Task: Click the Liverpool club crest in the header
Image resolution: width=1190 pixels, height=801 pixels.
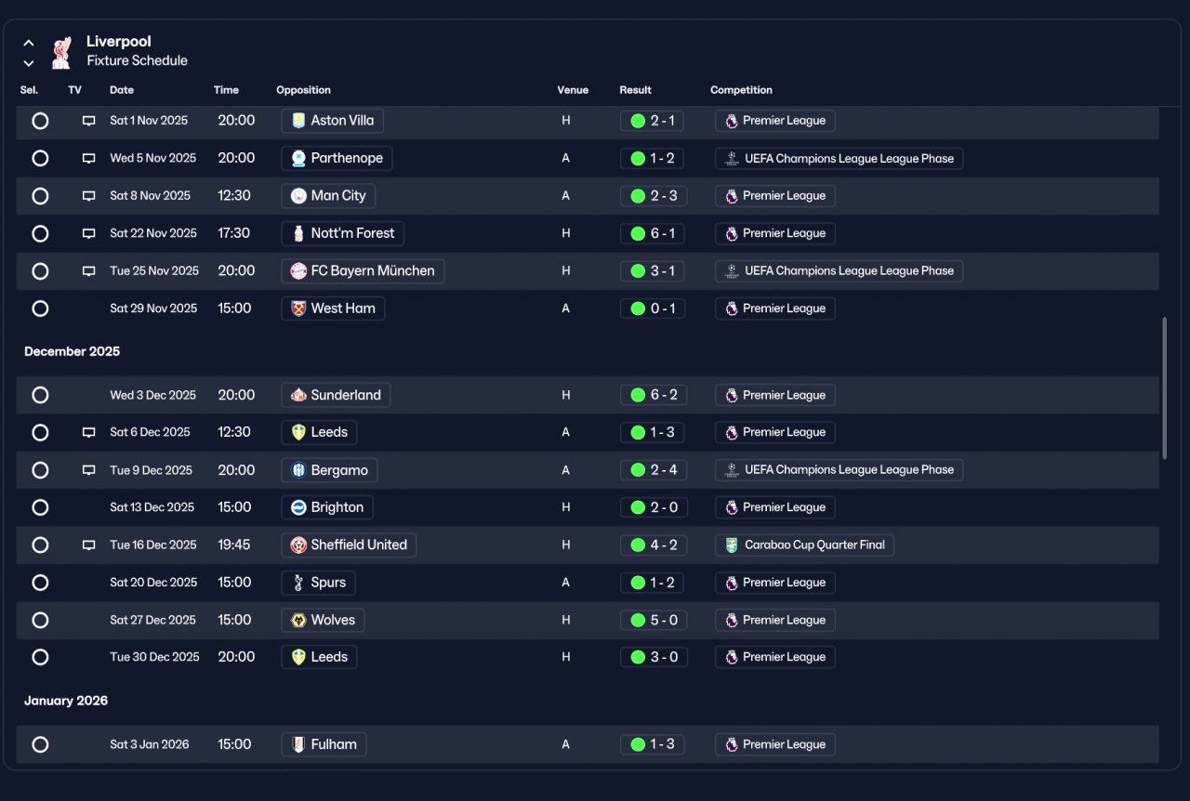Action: (x=61, y=53)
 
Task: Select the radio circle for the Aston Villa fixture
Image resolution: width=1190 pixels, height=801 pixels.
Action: (x=40, y=121)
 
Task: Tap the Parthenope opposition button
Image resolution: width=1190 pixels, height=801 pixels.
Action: (x=337, y=158)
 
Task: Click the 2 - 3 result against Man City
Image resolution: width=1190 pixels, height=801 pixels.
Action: (x=653, y=196)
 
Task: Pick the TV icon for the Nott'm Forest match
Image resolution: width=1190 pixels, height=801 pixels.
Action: (x=88, y=233)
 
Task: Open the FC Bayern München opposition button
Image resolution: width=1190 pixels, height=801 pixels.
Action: (x=363, y=271)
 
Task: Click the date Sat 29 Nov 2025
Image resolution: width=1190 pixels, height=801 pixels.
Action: (x=153, y=309)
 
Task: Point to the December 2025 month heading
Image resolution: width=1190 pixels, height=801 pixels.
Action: (x=73, y=351)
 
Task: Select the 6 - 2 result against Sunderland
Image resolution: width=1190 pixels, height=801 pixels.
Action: (x=653, y=395)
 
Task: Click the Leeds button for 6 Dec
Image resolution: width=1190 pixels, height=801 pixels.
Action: (x=319, y=432)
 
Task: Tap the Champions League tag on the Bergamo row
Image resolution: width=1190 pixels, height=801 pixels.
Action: (x=839, y=470)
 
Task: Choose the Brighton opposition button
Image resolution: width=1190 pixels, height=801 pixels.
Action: (x=326, y=507)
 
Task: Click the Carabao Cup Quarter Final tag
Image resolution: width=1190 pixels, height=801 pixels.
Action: (x=804, y=545)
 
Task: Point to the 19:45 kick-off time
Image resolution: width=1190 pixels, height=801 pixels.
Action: (x=233, y=545)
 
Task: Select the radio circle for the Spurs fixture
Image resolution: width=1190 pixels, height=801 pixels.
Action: (x=40, y=583)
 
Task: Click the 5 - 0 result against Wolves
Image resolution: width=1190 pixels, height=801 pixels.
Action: (x=653, y=621)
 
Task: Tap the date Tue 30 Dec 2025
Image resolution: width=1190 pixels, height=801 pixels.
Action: (x=154, y=657)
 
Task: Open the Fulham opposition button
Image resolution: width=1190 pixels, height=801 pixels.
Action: (x=324, y=744)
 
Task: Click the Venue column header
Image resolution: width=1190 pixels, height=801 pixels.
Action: (x=573, y=90)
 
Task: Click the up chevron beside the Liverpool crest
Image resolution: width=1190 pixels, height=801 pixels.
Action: (x=29, y=43)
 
